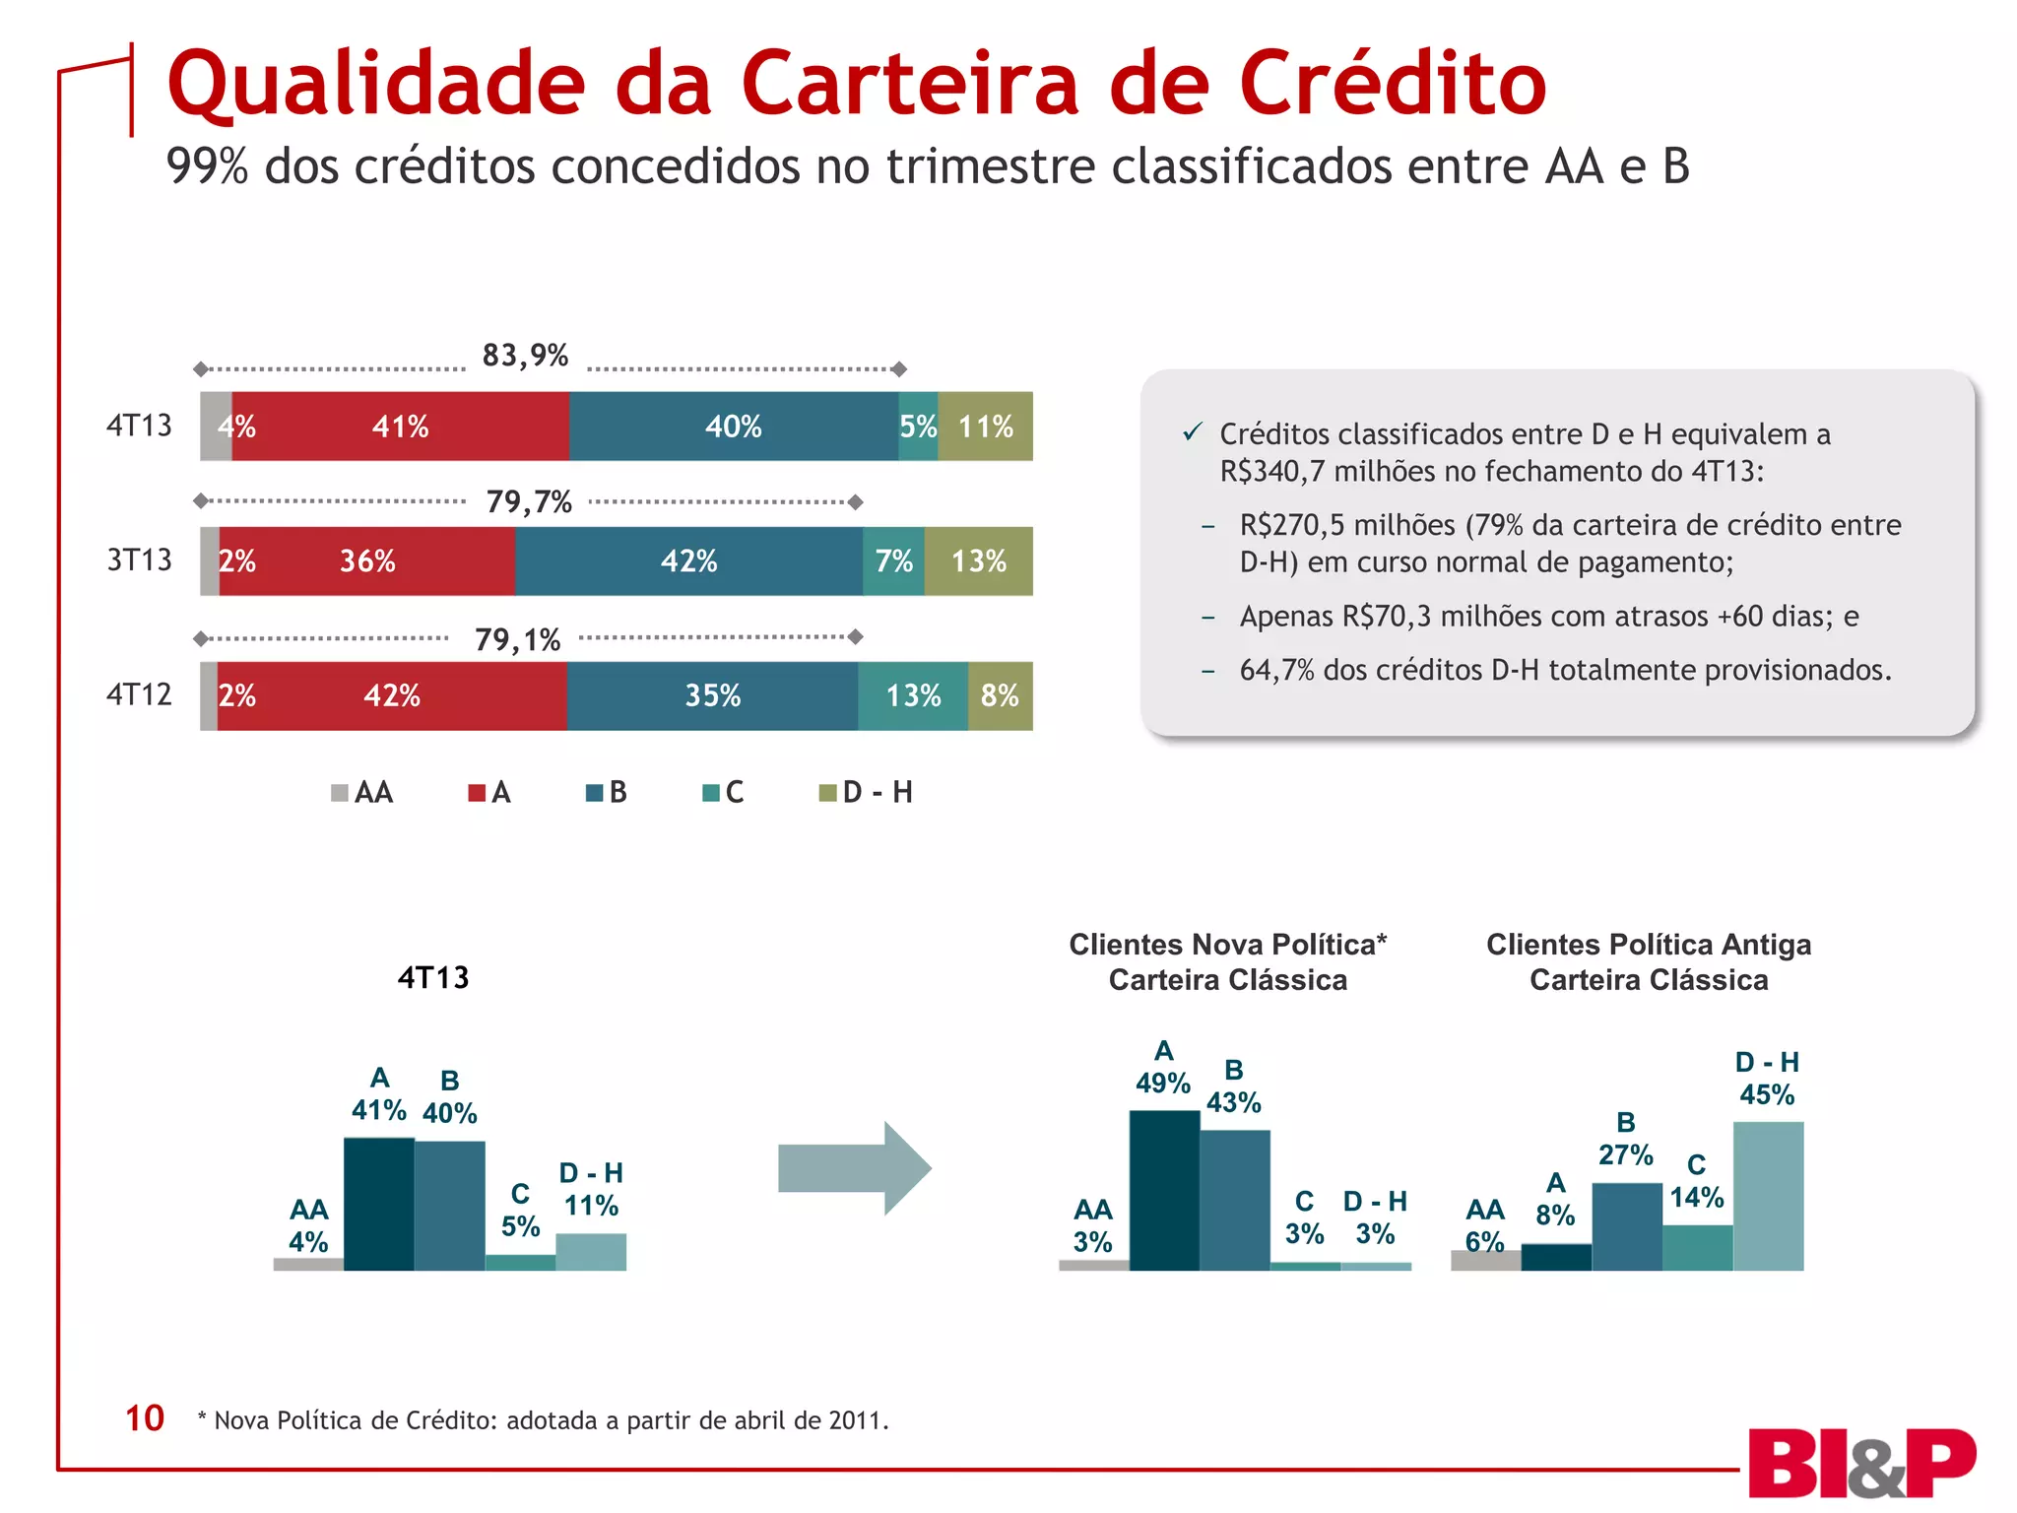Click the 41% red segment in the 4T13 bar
(401, 427)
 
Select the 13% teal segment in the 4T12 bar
(913, 696)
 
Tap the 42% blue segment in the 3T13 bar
(688, 561)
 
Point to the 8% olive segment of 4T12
(1000, 696)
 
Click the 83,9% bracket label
(525, 356)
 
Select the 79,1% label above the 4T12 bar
(517, 640)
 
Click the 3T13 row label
(139, 560)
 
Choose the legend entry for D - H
(867, 793)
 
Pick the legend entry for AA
(362, 793)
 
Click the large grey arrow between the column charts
(853, 1168)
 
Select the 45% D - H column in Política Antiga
(1768, 1196)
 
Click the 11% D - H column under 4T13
(591, 1252)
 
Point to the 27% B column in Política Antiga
(1626, 1226)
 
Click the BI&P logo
(1861, 1464)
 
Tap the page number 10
(144, 1418)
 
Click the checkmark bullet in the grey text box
(1193, 432)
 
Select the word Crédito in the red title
(1393, 85)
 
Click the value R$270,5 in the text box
(1292, 525)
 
